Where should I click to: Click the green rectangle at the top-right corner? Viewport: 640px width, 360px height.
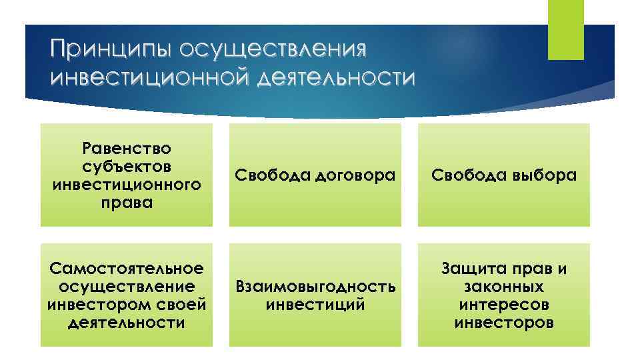[x=565, y=30]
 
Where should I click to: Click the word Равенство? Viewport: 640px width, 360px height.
[x=127, y=147]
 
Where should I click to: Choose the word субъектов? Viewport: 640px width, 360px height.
[x=127, y=165]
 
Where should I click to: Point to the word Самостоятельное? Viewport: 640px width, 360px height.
[x=127, y=269]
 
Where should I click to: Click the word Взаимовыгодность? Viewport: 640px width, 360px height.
[x=315, y=287]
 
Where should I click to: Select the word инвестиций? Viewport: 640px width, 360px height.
[x=315, y=305]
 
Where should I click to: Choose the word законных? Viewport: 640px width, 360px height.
[x=504, y=287]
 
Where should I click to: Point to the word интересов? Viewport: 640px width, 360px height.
[x=504, y=305]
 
